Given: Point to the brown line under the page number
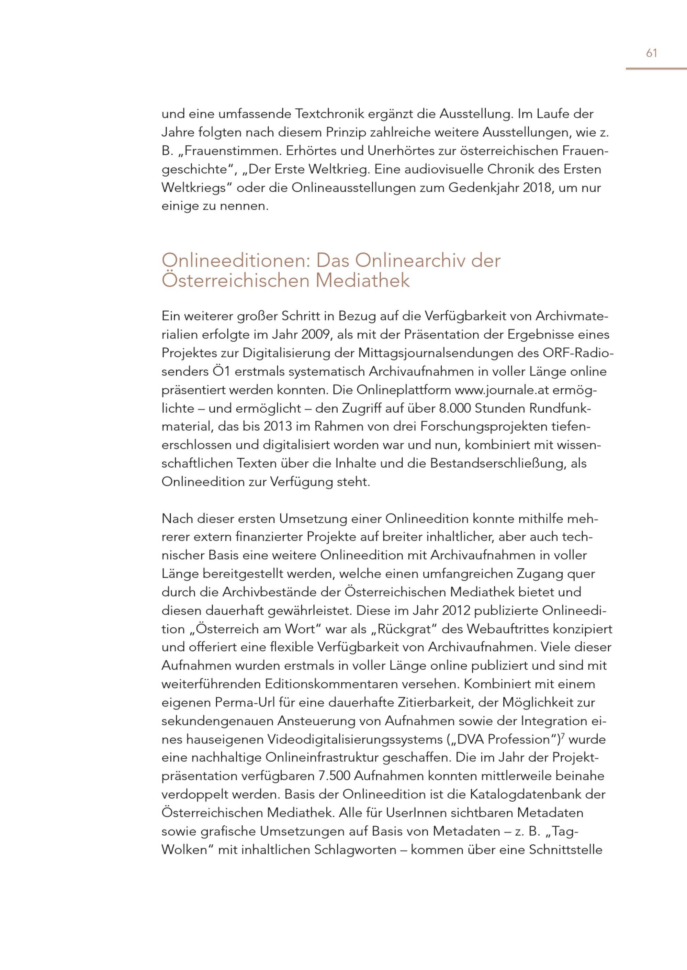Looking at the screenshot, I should pyautogui.click(x=656, y=69).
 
